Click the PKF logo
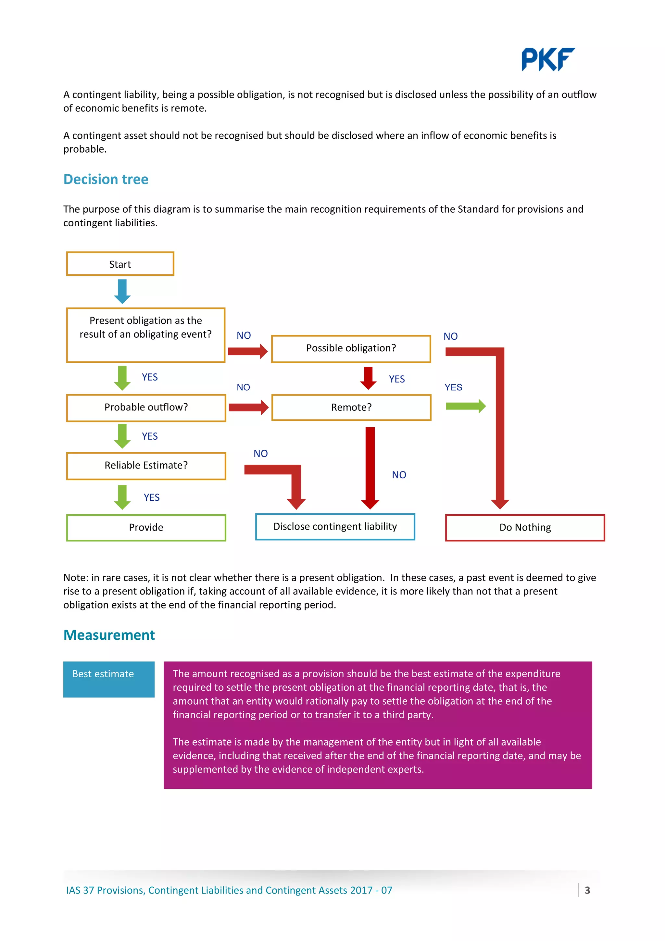(547, 59)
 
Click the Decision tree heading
(106, 180)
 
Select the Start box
(120, 264)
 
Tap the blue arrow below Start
(122, 291)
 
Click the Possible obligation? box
(351, 348)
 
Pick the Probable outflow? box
(146, 408)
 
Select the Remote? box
(351, 408)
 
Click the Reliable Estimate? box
(146, 466)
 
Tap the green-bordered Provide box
(146, 527)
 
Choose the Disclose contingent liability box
(335, 527)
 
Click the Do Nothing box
(525, 527)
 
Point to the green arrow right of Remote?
(465, 406)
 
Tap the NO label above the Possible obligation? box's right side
(450, 336)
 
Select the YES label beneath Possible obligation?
(396, 379)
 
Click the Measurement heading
(109, 635)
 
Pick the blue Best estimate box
(108, 679)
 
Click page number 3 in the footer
(587, 890)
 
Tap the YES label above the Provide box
(152, 497)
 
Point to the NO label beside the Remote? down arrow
(399, 475)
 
